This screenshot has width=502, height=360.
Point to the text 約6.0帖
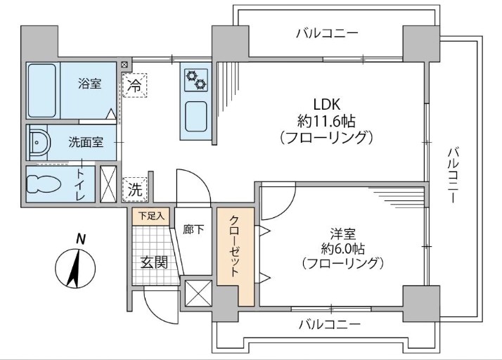pyautogui.click(x=342, y=247)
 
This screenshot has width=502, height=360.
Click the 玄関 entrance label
pyautogui.click(x=154, y=262)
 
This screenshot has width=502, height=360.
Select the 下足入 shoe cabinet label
pyautogui.click(x=149, y=216)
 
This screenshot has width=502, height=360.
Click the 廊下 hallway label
pyautogui.click(x=193, y=229)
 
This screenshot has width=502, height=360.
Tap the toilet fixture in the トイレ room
pyautogui.click(x=44, y=184)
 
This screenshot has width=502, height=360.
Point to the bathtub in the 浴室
pyautogui.click(x=43, y=91)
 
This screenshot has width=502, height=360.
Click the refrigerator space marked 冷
pyautogui.click(x=134, y=86)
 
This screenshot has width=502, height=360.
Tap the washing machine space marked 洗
pyautogui.click(x=134, y=188)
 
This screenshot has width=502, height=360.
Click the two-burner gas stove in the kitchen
pyautogui.click(x=195, y=78)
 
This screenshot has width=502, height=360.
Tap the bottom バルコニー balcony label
pyautogui.click(x=328, y=325)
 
